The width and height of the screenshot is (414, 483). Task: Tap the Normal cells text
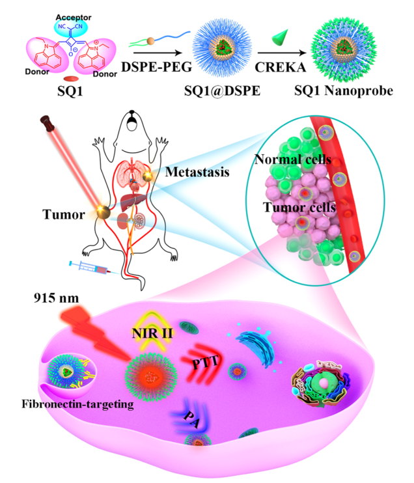click(294, 158)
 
